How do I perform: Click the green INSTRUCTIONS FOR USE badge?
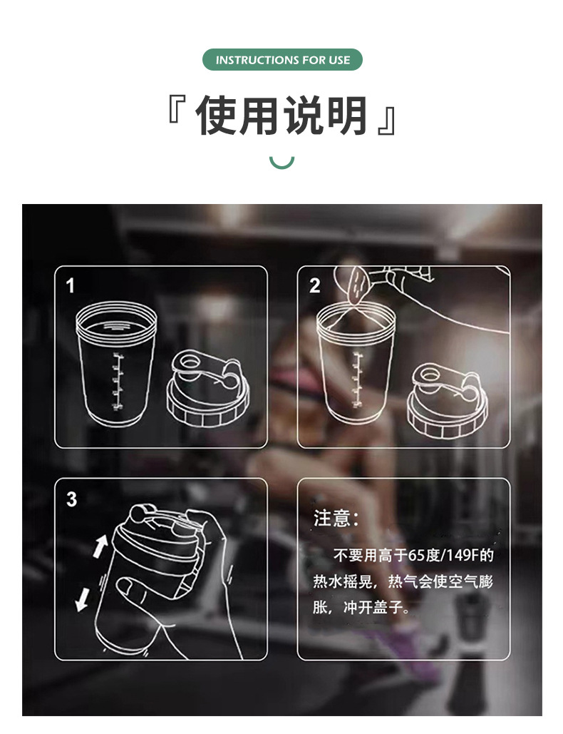[282, 60]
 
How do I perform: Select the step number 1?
[70, 286]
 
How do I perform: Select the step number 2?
[315, 286]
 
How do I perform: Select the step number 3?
[71, 499]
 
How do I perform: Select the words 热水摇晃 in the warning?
[343, 582]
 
